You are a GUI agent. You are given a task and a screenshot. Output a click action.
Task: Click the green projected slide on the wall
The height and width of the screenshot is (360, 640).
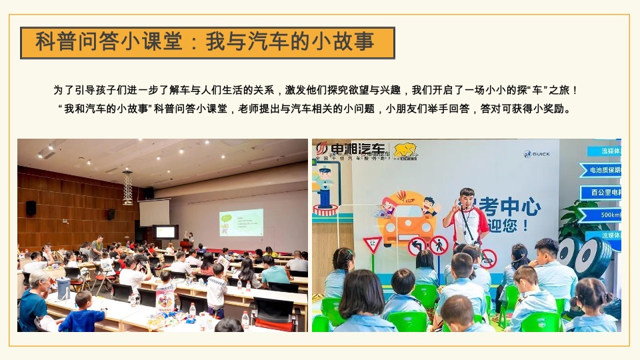[x=241, y=222]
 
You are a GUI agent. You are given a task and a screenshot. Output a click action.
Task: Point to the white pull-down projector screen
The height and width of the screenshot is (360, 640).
[x=154, y=213]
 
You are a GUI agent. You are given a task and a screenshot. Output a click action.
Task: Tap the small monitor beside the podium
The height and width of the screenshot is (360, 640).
[x=165, y=232]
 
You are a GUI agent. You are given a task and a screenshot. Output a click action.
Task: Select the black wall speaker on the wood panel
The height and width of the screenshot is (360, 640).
[x=31, y=208]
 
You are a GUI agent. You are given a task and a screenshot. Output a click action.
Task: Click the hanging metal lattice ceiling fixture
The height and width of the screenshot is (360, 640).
[x=127, y=186]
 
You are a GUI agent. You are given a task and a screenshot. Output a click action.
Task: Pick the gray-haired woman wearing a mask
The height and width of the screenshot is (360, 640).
[x=35, y=300]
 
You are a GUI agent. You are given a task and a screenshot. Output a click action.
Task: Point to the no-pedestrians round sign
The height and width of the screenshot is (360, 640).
[x=439, y=245]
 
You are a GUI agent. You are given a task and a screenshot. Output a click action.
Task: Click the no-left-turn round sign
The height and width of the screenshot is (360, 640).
[x=417, y=246]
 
